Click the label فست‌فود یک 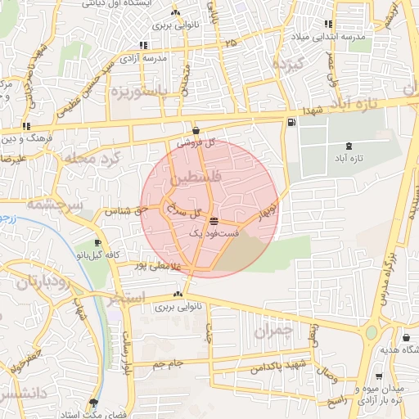[214, 234]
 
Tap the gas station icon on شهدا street [291, 123]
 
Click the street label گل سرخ [184, 211]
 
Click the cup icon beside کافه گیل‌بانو [98, 243]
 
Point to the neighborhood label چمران [273, 331]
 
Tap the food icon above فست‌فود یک [214, 222]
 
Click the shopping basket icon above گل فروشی [196, 130]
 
